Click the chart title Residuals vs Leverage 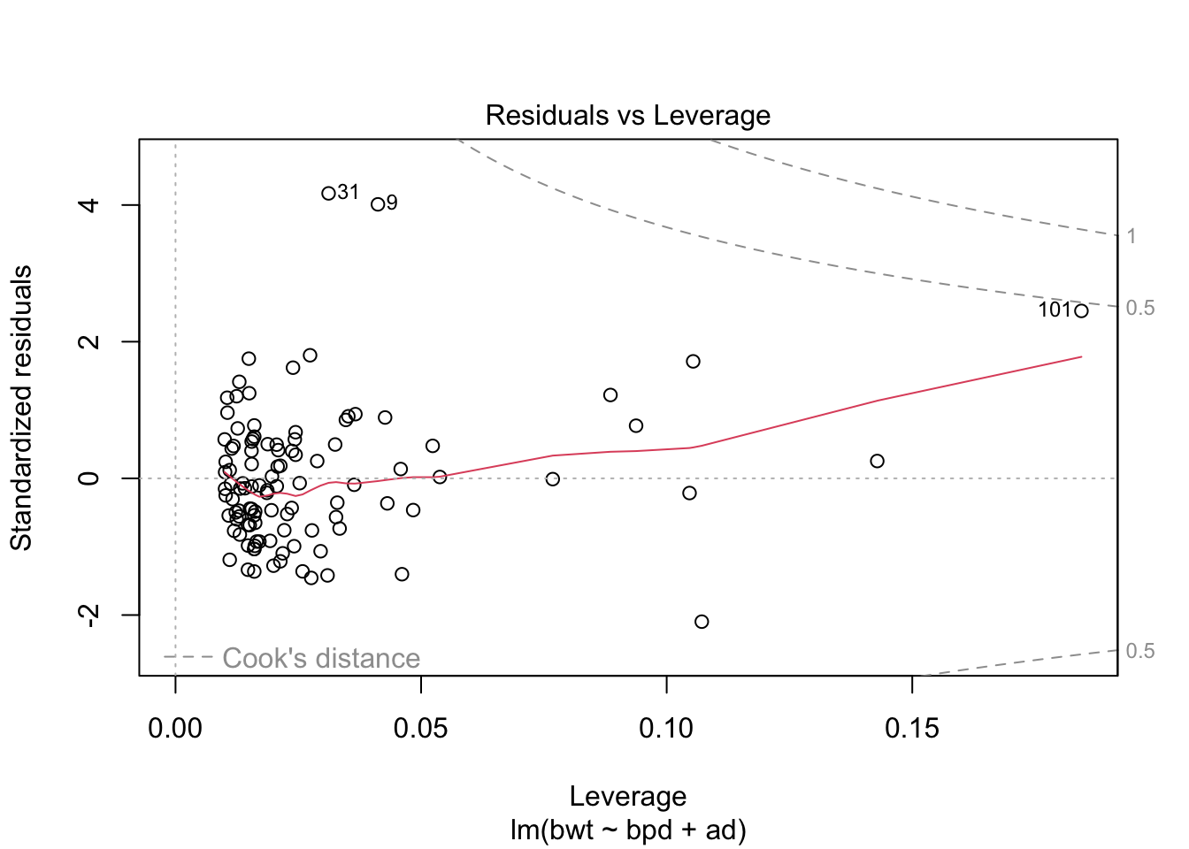[x=627, y=116]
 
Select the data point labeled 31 [x=328, y=193]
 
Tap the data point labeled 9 [x=378, y=204]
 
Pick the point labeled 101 [x=1081, y=310]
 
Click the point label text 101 [x=1055, y=310]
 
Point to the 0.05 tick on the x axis [x=421, y=729]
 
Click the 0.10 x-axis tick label [x=666, y=729]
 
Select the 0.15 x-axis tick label [x=911, y=729]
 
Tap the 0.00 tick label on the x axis [x=175, y=729]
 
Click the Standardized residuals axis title [x=21, y=408]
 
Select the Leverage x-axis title [x=627, y=796]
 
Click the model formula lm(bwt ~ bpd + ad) [x=627, y=830]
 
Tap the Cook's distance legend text [x=320, y=658]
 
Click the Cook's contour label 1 [x=1131, y=236]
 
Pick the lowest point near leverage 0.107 [x=702, y=622]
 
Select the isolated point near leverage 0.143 [x=877, y=461]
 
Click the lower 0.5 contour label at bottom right [x=1140, y=651]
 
